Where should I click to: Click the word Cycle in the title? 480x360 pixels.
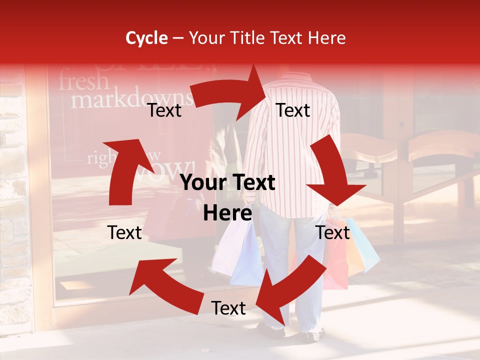click(x=146, y=38)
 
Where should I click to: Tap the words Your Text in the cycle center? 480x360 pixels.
click(x=227, y=183)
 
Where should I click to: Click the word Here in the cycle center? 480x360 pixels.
click(x=227, y=213)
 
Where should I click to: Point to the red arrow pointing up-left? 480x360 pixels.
click(x=160, y=282)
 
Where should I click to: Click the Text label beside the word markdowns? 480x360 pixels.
click(x=164, y=110)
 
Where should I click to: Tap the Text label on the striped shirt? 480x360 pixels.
click(x=293, y=110)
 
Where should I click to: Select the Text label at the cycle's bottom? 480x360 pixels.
click(x=228, y=308)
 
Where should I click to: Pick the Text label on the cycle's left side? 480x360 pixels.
click(x=125, y=232)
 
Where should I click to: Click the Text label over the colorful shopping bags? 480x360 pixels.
click(x=333, y=232)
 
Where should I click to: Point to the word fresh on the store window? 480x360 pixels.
click(x=83, y=81)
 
